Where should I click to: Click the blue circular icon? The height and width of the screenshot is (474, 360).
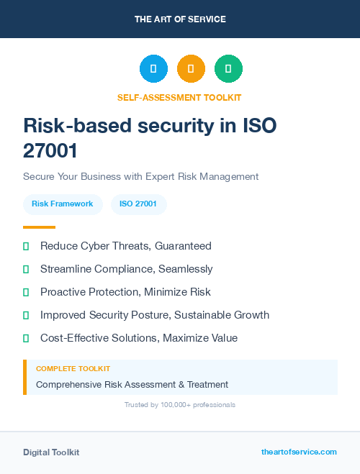[x=153, y=69]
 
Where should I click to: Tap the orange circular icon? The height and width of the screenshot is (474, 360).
[x=191, y=69]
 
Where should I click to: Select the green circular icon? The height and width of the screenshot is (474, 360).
[x=228, y=69]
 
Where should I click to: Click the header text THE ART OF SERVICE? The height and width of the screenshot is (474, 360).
[x=180, y=19]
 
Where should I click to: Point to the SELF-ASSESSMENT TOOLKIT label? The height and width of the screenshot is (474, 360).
[x=179, y=97]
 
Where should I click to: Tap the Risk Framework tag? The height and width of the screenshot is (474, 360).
[x=63, y=204]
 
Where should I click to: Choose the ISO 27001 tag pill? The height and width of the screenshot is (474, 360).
[x=138, y=204]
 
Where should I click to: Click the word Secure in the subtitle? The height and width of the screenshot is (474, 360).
[x=39, y=176]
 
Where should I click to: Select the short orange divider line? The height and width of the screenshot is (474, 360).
[x=39, y=227]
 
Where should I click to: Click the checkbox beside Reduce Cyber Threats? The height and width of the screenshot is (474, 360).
[x=26, y=246]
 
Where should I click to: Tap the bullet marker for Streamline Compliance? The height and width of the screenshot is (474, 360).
[x=26, y=269]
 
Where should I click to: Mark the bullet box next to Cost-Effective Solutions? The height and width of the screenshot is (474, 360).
[x=26, y=338]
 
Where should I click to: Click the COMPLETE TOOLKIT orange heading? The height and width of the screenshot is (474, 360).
[x=73, y=368]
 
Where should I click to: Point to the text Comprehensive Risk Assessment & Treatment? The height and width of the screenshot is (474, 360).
[x=132, y=384]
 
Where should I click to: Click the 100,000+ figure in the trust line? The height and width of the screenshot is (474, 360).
[x=171, y=405]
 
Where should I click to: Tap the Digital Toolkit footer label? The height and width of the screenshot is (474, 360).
[x=51, y=452]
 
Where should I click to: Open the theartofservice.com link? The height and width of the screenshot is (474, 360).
[x=299, y=452]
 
